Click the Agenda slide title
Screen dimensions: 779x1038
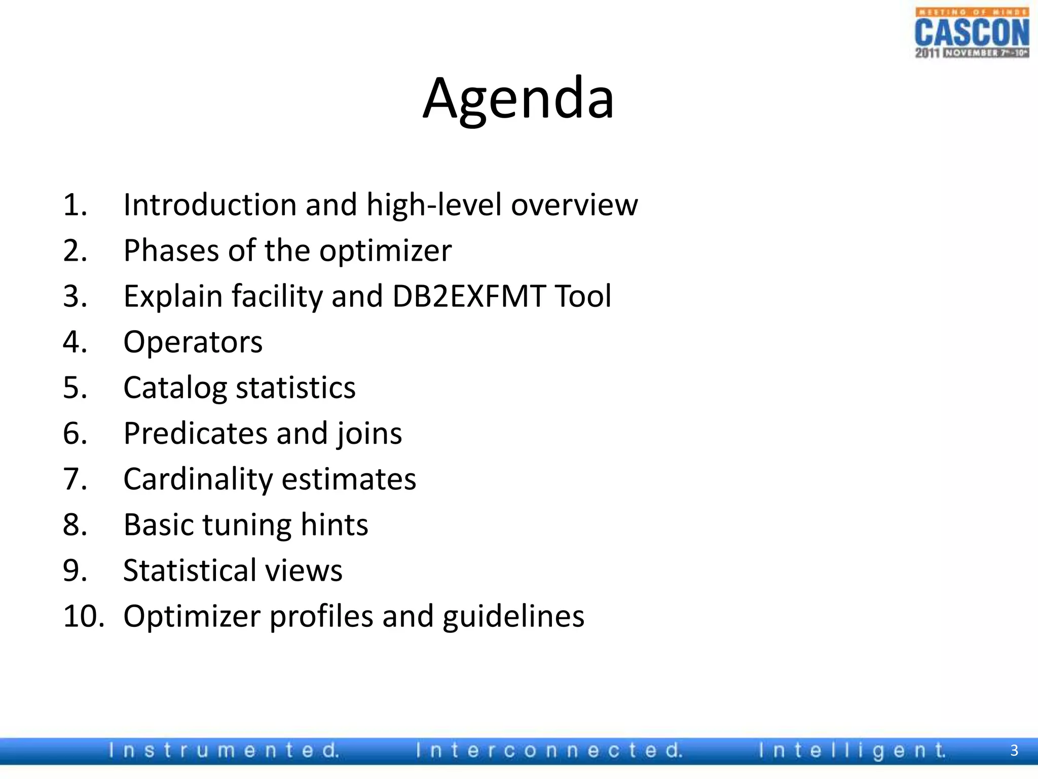[518, 98]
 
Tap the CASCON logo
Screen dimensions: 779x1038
[972, 33]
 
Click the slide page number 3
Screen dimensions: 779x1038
[1014, 750]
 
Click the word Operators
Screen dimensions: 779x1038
[193, 342]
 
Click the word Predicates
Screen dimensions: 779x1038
[196, 434]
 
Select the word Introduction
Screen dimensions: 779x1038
[210, 205]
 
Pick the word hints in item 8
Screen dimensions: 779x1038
[335, 524]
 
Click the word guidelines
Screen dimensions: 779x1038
[513, 617]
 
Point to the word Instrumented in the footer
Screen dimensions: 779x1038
[224, 750]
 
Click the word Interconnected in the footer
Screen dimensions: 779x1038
[549, 750]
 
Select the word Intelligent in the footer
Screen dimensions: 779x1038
[852, 750]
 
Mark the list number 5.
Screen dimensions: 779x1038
[75, 388]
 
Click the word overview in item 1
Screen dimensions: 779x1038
[574, 205]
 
